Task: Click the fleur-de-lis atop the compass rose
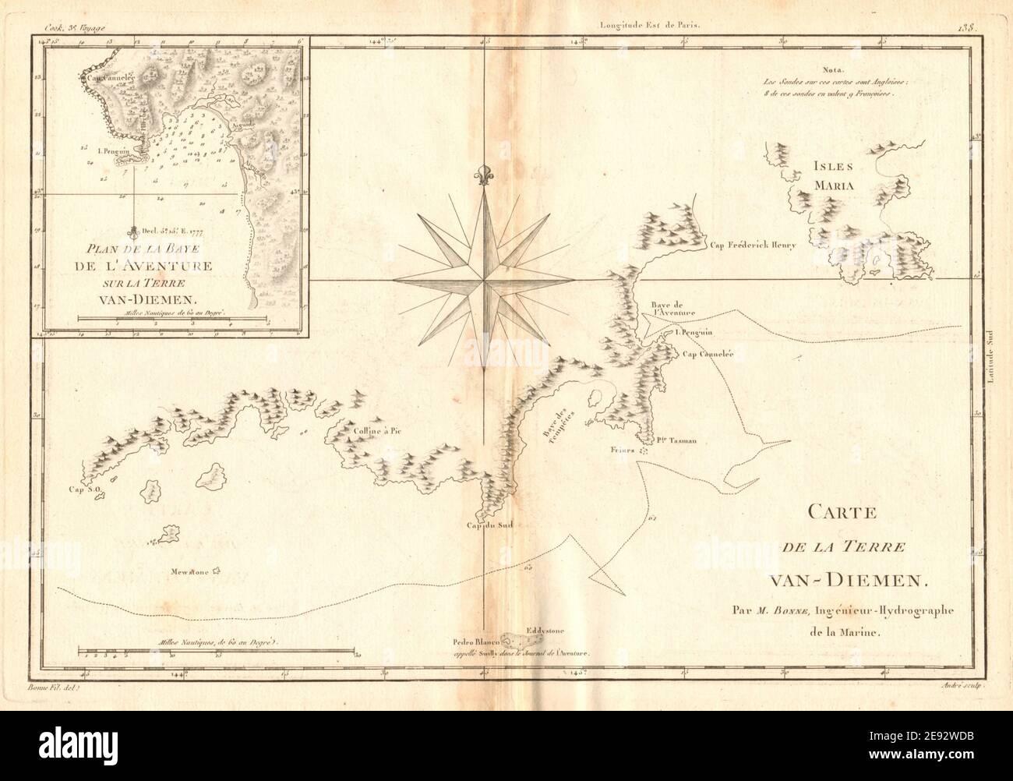point(484,177)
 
